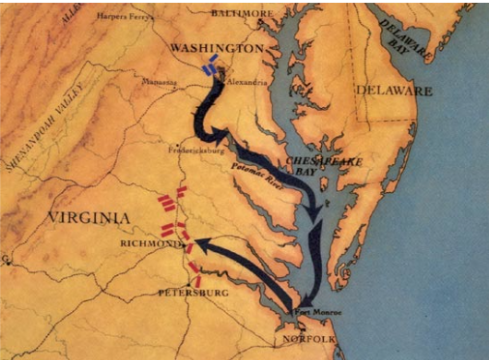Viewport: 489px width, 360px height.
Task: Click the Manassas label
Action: [160, 81]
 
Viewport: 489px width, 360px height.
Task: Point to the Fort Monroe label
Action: [319, 313]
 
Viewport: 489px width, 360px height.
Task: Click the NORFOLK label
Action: [306, 338]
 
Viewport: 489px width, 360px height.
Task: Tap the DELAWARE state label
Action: [394, 91]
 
